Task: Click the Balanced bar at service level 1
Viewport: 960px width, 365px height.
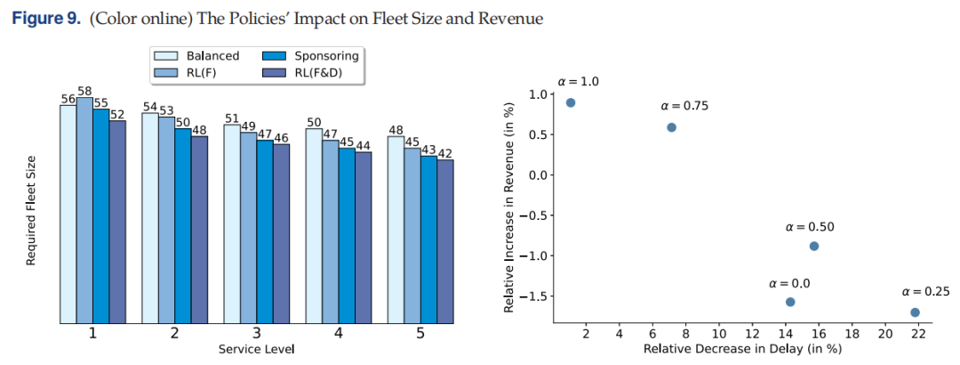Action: point(68,214)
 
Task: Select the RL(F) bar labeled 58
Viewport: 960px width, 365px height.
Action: point(84,210)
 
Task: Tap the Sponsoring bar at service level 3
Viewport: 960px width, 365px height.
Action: point(265,231)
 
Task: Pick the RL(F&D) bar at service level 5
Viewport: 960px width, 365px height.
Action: point(445,241)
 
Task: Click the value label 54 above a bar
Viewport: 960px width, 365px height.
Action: point(150,107)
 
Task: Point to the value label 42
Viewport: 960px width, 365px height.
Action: point(445,153)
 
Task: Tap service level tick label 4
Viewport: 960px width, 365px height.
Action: point(339,335)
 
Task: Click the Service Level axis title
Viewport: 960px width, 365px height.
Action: point(257,350)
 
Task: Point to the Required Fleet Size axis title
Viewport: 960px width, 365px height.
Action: point(30,210)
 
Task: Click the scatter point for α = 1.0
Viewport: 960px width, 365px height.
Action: point(571,102)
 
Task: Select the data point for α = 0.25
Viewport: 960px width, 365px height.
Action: point(915,312)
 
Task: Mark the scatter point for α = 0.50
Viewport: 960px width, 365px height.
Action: point(813,246)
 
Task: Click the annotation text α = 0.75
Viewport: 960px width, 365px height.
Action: point(684,106)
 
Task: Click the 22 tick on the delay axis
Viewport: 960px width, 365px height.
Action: point(917,335)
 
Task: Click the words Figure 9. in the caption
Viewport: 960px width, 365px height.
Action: point(46,19)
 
